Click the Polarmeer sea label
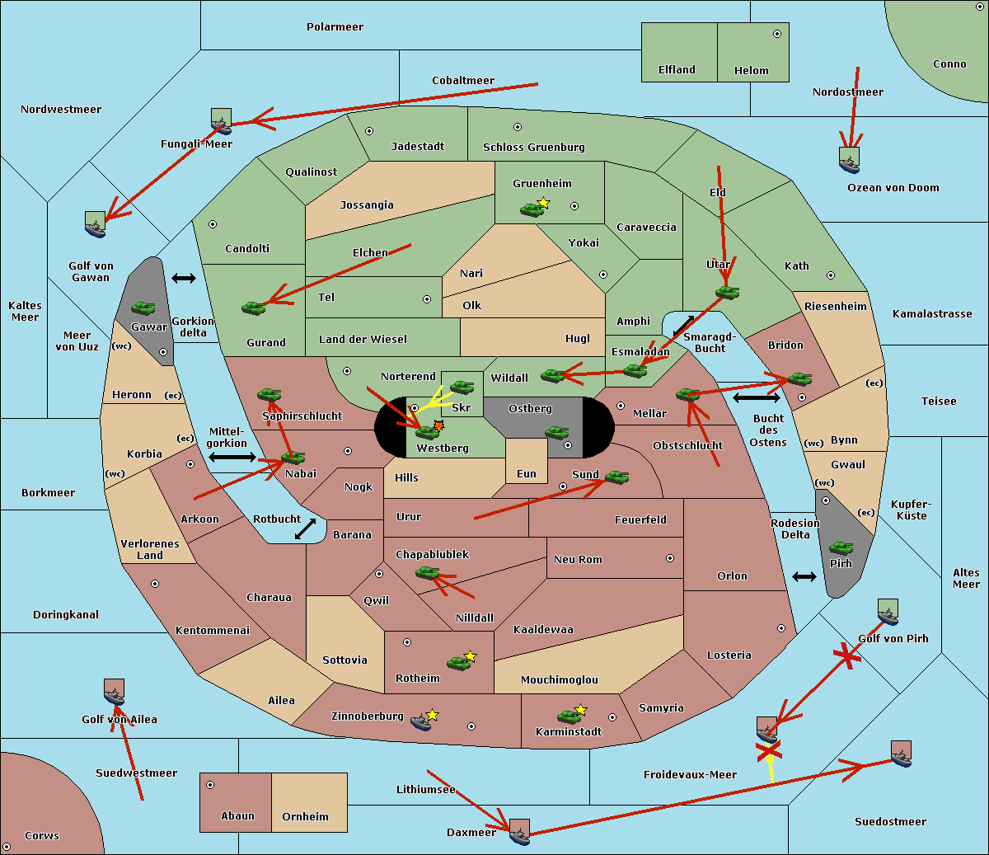point(335,27)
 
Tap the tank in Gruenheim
point(532,209)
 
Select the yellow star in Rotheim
point(471,656)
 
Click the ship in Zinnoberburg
point(421,722)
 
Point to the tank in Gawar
point(143,308)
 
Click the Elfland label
point(677,70)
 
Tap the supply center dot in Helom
point(776,34)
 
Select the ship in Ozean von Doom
point(849,161)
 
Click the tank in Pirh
point(841,547)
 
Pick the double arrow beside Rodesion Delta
point(804,576)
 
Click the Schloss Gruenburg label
point(533,148)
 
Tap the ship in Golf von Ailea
point(115,693)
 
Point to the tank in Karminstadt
point(569,716)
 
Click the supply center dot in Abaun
point(210,785)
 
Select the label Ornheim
point(305,817)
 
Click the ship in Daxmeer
point(519,833)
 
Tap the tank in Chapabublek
point(427,572)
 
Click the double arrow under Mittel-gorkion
point(232,457)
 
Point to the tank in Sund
point(616,477)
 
